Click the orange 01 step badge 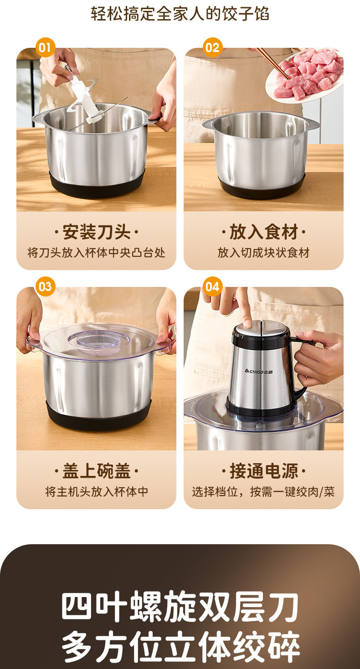(45, 47)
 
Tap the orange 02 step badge (212, 47)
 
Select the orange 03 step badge (45, 286)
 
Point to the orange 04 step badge (212, 286)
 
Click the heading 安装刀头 (96, 232)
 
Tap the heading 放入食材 (263, 232)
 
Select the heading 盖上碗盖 (96, 471)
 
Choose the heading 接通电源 (263, 471)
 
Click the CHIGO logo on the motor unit (259, 372)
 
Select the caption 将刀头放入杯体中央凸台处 (96, 253)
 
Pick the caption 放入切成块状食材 (263, 253)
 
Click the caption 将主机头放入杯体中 (96, 491)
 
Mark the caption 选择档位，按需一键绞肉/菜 (263, 491)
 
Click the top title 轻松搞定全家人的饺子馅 (180, 14)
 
